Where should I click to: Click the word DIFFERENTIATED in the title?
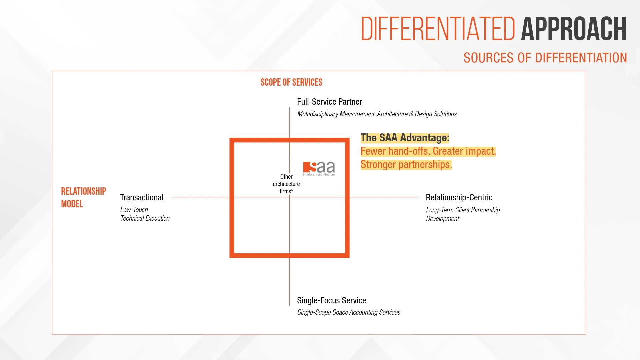438,29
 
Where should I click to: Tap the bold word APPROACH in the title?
574,29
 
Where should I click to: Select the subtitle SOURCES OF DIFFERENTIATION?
545,58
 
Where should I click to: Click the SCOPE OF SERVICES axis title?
291,82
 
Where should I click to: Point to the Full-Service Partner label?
329,102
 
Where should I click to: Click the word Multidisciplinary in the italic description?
318,114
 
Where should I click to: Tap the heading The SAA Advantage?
405,138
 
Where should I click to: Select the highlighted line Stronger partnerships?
406,165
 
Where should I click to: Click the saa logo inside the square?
319,168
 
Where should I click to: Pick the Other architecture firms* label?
286,184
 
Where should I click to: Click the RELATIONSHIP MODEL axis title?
83,197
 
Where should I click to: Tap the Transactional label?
142,197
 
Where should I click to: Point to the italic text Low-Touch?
134,210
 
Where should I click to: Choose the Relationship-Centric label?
459,197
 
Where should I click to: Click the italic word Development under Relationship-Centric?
442,219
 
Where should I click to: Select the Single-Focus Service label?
331,300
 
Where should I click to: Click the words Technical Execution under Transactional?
145,218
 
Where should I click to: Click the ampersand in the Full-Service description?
411,114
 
